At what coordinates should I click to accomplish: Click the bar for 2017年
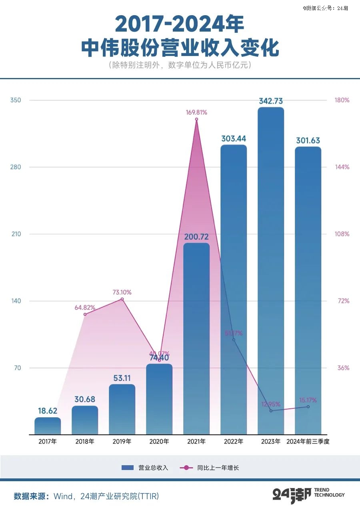[x=48, y=426]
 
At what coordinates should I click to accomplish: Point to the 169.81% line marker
[x=196, y=119]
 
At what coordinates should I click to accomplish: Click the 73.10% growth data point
[x=122, y=299]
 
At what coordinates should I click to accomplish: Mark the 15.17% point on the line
[x=308, y=407]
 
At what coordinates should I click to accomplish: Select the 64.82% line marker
[x=85, y=314]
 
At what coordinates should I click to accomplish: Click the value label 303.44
[x=234, y=139]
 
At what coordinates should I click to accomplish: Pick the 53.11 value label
[x=122, y=378]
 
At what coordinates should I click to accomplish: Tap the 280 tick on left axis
[x=16, y=167]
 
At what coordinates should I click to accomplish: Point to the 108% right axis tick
[x=342, y=234]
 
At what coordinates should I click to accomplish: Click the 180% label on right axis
[x=342, y=100]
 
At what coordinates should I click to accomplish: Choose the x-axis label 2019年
[x=122, y=442]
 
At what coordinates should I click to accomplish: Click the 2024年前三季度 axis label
[x=308, y=442]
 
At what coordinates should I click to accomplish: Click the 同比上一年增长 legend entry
[x=210, y=468]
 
